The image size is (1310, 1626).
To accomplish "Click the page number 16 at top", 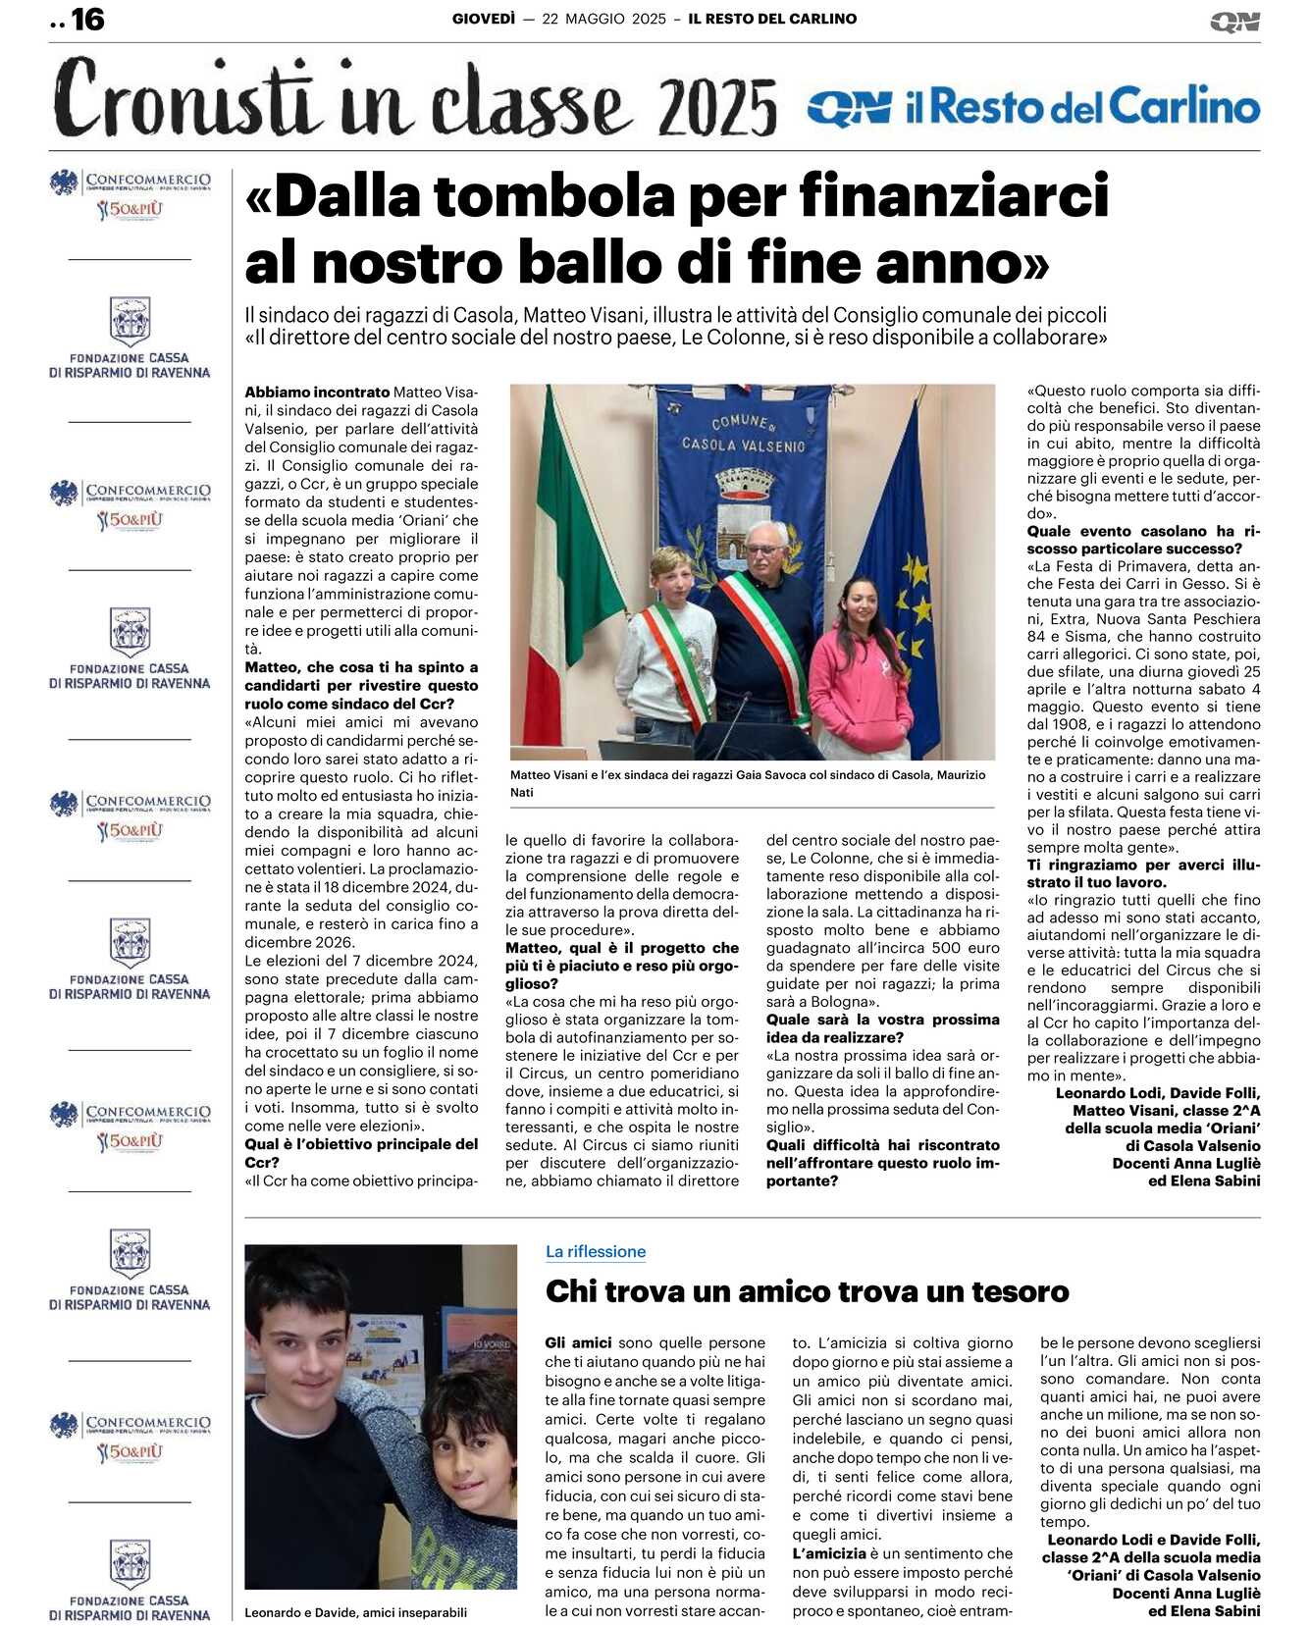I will click(87, 19).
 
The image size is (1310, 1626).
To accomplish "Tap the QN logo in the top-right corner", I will click(1234, 22).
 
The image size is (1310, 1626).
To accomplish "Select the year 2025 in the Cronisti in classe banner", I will click(717, 107).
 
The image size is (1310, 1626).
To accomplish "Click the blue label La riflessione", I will click(596, 1251).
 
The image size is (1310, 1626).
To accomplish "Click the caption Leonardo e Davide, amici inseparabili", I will click(355, 1611).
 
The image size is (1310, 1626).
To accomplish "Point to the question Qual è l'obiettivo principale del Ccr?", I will click(361, 1153).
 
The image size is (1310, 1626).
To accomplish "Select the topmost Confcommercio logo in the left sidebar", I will click(131, 193).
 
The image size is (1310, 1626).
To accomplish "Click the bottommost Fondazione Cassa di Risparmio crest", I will click(130, 1563).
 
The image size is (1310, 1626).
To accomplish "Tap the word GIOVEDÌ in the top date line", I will click(483, 19).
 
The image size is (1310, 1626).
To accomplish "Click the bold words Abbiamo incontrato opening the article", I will click(317, 393).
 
